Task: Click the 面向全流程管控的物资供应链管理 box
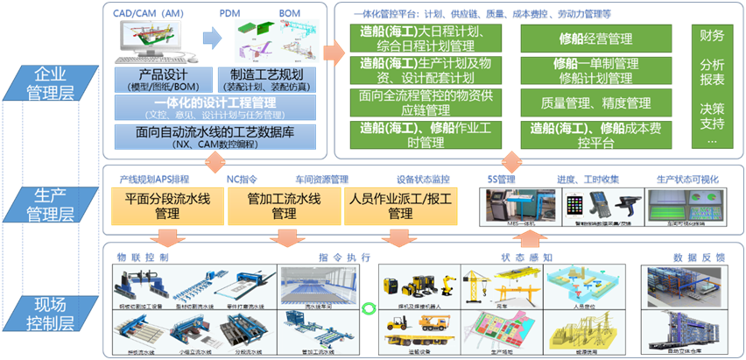click(x=426, y=103)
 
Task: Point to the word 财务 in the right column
click(x=712, y=36)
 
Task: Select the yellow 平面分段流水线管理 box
click(x=166, y=206)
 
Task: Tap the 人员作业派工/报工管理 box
click(x=399, y=206)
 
